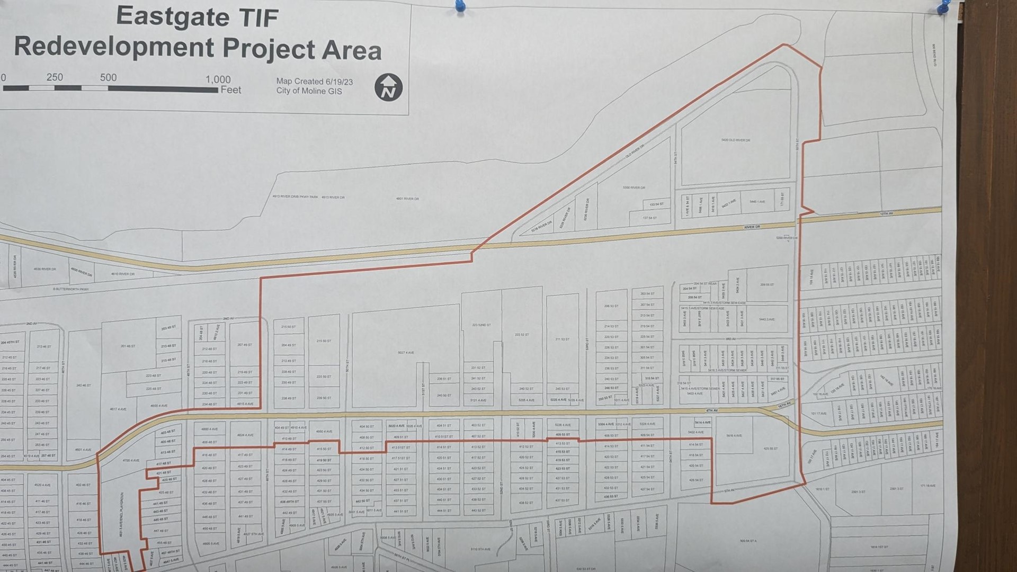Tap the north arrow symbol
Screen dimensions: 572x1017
pyautogui.click(x=389, y=87)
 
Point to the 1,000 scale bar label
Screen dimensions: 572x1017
pyautogui.click(x=218, y=80)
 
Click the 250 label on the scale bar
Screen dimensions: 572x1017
pyautogui.click(x=55, y=77)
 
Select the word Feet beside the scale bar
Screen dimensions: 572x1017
pyautogui.click(x=231, y=90)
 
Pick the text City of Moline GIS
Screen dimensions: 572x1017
pyautogui.click(x=309, y=91)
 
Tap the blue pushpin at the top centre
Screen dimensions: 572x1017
pyautogui.click(x=460, y=7)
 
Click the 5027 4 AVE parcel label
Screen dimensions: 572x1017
pyautogui.click(x=406, y=353)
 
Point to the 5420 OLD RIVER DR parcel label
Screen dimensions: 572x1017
pyautogui.click(x=736, y=140)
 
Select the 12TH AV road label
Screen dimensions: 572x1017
pyautogui.click(x=886, y=213)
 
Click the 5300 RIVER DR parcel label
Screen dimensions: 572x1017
pyautogui.click(x=634, y=187)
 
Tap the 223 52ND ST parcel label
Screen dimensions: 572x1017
pyautogui.click(x=481, y=325)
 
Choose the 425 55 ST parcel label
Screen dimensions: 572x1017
pyautogui.click(x=770, y=449)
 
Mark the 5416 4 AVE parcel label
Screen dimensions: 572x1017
pyautogui.click(x=734, y=436)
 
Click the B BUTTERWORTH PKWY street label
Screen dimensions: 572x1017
pyautogui.click(x=70, y=289)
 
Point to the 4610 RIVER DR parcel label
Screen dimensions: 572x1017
pyautogui.click(x=122, y=274)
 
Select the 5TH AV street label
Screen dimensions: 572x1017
pyautogui.click(x=729, y=491)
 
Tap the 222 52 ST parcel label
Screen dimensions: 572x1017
pyautogui.click(x=522, y=335)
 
